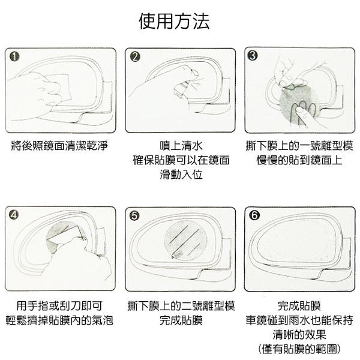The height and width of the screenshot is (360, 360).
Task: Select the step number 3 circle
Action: [253, 56]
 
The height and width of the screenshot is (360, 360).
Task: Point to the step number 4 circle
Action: [14, 213]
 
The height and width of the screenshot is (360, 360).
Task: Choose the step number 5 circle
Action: [134, 214]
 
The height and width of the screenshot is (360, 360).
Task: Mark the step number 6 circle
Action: [253, 213]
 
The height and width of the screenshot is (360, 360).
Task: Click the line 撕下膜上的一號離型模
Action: [298, 146]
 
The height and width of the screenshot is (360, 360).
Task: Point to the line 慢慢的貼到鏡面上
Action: [298, 160]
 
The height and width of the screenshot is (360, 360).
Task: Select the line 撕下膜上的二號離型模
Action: [181, 305]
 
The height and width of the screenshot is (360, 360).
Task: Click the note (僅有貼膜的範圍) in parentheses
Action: [298, 349]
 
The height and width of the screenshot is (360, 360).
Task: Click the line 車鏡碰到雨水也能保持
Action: [298, 320]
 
